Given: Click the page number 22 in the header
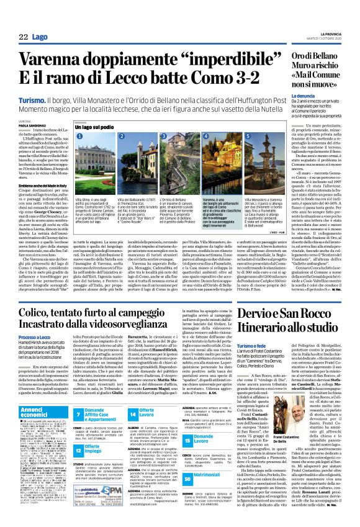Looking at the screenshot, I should click(x=23, y=37).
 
